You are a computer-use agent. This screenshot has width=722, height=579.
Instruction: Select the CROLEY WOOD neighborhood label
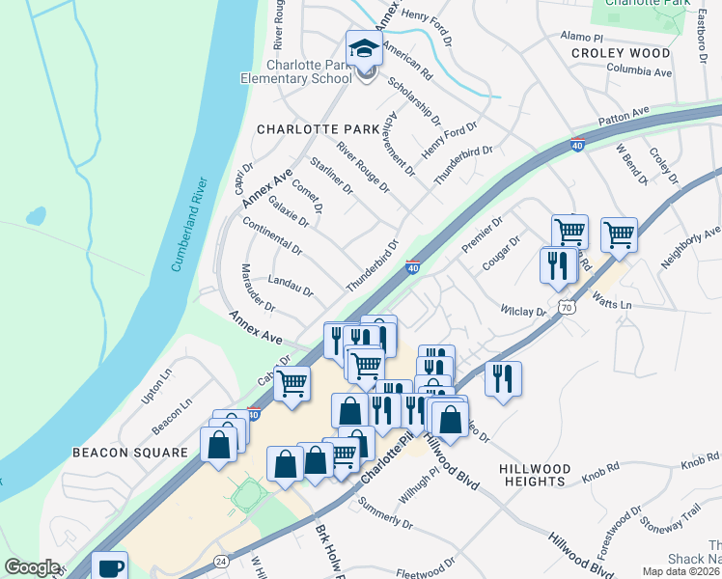[620, 53]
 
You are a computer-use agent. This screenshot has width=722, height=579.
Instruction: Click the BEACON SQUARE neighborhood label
[129, 452]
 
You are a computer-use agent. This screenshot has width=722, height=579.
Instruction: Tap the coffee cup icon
[109, 565]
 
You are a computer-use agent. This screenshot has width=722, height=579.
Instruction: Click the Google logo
[32, 567]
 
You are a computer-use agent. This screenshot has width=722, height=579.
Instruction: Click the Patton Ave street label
[625, 117]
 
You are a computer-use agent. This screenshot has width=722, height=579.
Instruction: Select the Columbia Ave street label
[639, 70]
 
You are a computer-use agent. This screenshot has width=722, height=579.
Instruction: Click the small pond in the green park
[35, 215]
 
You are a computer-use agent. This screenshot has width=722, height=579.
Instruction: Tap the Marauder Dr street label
[258, 288]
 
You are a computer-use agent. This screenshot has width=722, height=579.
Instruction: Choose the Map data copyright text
[682, 571]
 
